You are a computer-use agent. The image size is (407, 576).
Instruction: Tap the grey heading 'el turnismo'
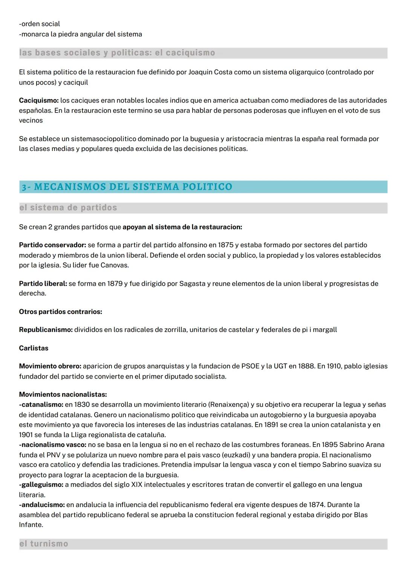click(44, 544)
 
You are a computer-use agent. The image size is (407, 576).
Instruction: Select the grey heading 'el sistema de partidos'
click(68, 208)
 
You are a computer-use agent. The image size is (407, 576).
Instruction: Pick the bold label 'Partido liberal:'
click(43, 283)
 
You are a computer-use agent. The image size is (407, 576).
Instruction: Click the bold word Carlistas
click(34, 348)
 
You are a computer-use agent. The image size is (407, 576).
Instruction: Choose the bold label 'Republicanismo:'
click(46, 330)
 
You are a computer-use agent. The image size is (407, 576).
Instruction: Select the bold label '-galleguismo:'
click(41, 485)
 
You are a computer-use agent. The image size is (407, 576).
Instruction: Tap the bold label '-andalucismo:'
click(42, 505)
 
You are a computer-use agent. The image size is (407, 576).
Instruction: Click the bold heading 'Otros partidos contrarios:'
click(60, 312)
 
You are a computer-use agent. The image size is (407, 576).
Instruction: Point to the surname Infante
click(31, 525)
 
